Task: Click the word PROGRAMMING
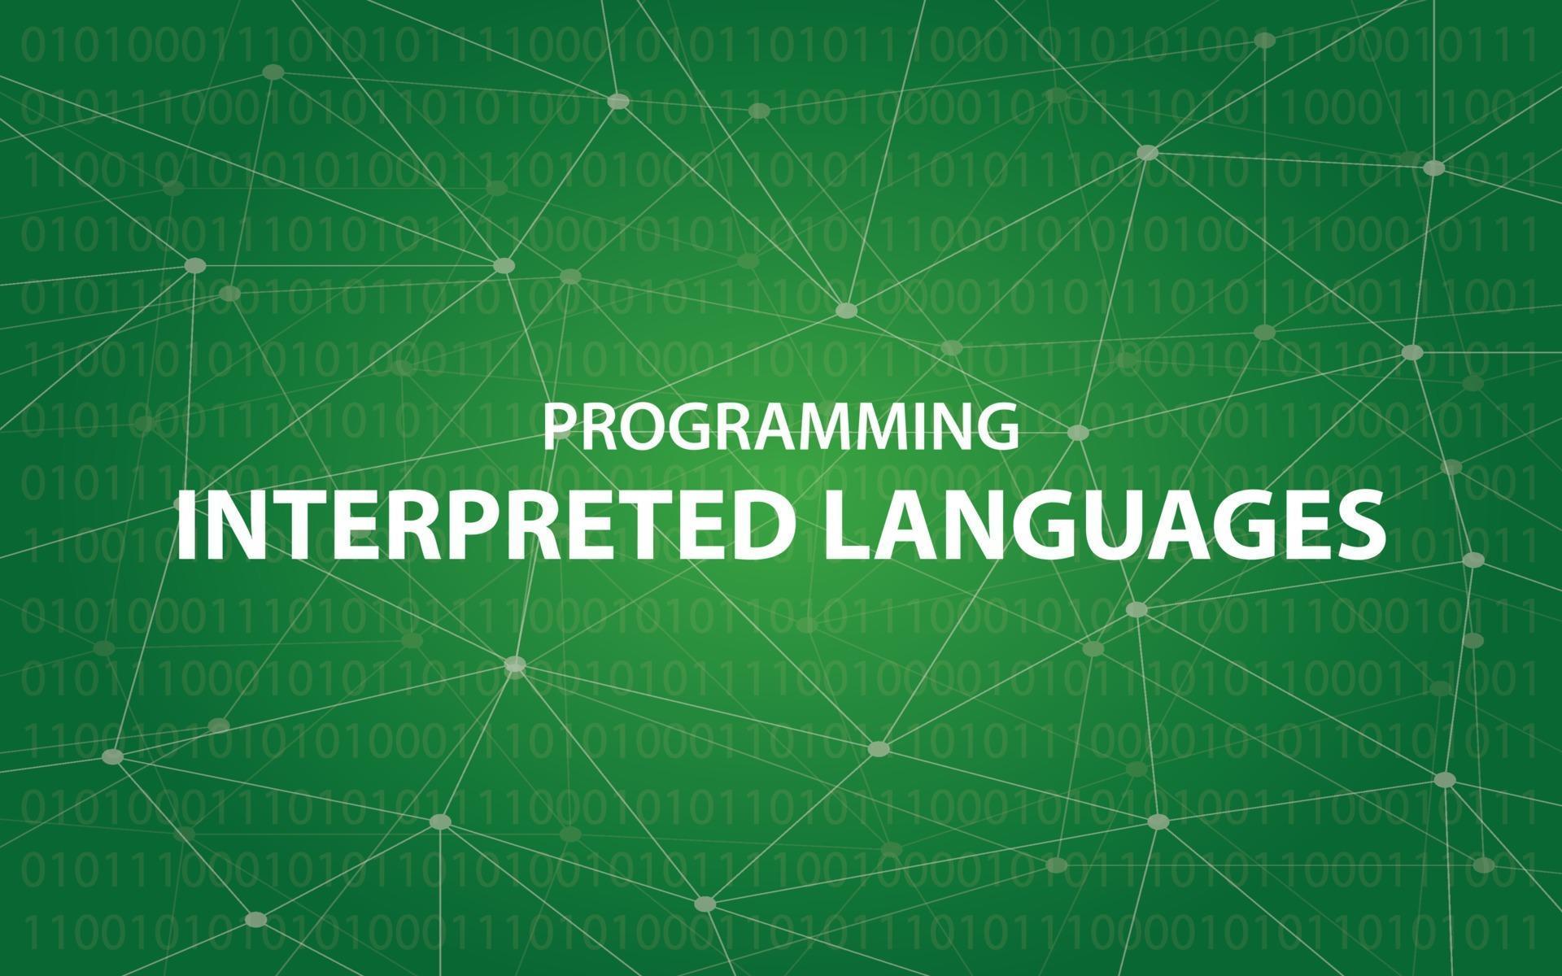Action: click(x=781, y=427)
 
